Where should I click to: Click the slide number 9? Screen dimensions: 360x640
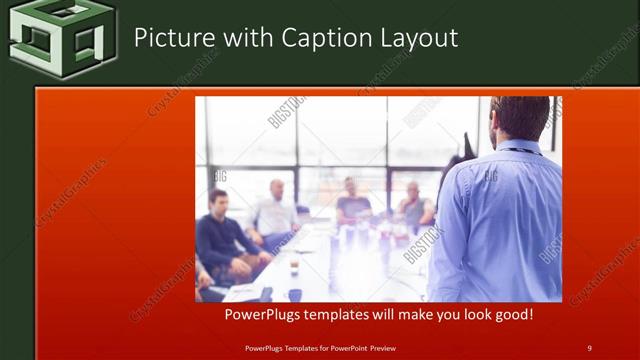click(x=589, y=348)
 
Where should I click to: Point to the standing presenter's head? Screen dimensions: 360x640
click(x=521, y=119)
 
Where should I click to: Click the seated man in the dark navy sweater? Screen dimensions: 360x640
click(x=222, y=236)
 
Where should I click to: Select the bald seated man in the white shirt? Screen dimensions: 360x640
click(x=275, y=210)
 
